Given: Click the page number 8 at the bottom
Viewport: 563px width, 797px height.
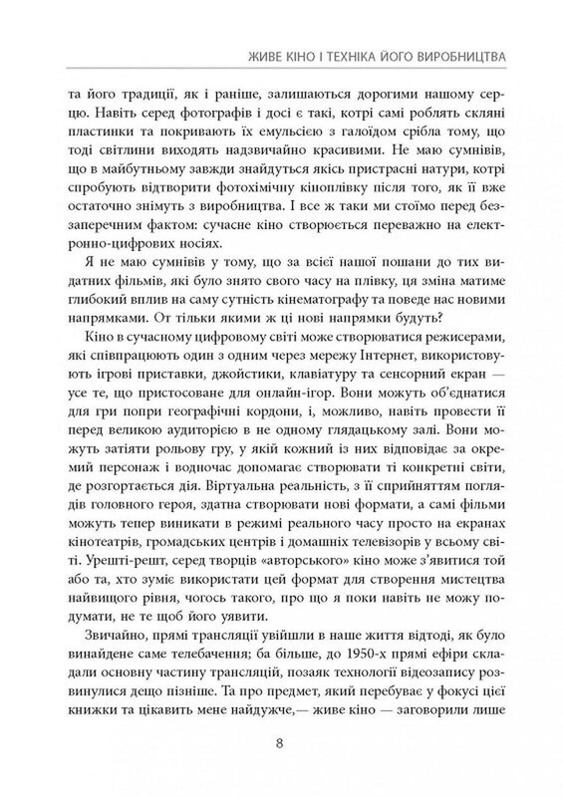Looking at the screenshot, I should [x=283, y=741].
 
